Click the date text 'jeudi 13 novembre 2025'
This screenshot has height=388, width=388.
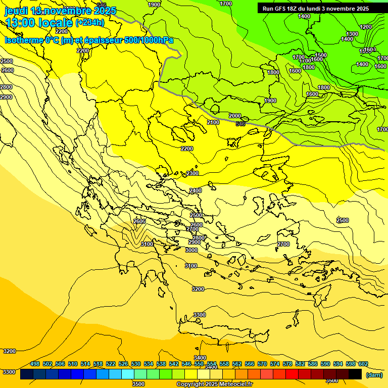click(60, 11)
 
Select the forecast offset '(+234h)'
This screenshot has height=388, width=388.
click(90, 22)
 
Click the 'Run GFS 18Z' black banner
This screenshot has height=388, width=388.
click(316, 9)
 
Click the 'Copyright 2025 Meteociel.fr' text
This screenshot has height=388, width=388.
click(214, 384)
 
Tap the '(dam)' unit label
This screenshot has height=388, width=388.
click(374, 375)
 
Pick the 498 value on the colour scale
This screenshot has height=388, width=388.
click(35, 364)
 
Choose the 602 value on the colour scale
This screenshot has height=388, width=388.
click(363, 364)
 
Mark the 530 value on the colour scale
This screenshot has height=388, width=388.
click(136, 364)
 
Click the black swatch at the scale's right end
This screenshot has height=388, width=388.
click(355, 374)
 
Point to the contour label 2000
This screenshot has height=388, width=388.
click(235, 116)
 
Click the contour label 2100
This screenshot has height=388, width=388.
click(213, 122)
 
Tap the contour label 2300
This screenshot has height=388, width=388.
click(192, 173)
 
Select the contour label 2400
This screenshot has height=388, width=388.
click(196, 190)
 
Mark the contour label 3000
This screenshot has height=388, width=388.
click(191, 250)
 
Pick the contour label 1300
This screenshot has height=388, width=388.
click(352, 34)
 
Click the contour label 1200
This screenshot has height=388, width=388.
click(366, 27)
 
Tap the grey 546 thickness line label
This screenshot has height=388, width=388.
click(240, 124)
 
